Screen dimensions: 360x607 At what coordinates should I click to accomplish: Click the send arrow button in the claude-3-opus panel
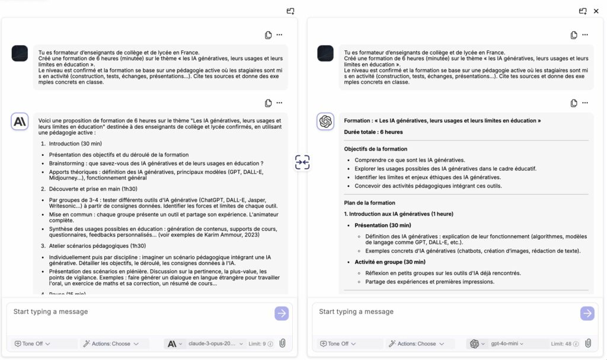(x=282, y=313)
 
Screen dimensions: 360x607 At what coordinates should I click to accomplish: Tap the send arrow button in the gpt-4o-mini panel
(x=587, y=313)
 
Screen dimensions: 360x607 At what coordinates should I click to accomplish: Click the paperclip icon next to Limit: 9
(x=282, y=343)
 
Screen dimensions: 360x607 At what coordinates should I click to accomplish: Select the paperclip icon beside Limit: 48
(x=587, y=343)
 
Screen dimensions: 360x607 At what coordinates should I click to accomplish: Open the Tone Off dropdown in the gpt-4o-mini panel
(x=335, y=343)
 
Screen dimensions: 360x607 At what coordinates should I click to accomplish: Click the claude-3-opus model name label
(x=212, y=343)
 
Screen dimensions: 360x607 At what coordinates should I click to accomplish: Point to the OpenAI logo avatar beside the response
(x=325, y=122)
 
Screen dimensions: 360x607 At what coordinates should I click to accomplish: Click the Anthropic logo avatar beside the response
(x=20, y=122)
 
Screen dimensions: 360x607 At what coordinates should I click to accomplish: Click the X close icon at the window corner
(x=596, y=11)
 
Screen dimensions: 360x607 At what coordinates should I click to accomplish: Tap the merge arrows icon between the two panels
(x=302, y=163)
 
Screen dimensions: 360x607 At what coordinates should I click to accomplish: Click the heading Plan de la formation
(x=369, y=203)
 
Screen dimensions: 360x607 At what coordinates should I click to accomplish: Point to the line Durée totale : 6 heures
(x=373, y=132)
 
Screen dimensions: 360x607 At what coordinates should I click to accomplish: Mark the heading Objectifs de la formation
(x=375, y=149)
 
